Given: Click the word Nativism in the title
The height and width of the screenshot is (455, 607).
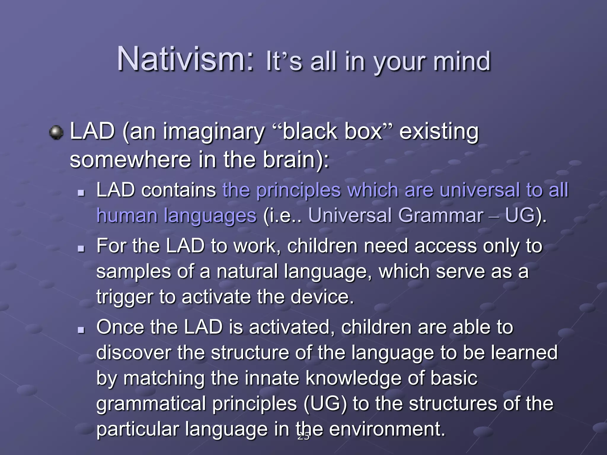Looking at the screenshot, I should [185, 59].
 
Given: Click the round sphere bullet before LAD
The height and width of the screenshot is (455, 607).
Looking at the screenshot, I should [56, 132].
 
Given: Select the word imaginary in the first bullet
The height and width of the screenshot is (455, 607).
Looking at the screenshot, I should [213, 132].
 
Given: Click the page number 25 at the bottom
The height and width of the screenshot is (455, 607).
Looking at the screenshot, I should [303, 436].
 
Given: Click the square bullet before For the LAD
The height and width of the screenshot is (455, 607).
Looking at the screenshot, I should [81, 248].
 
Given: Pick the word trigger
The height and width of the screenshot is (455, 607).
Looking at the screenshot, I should [125, 297].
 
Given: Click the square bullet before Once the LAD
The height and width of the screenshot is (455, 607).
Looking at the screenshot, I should [81, 329].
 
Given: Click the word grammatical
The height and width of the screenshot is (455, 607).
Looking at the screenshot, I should [151, 404].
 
